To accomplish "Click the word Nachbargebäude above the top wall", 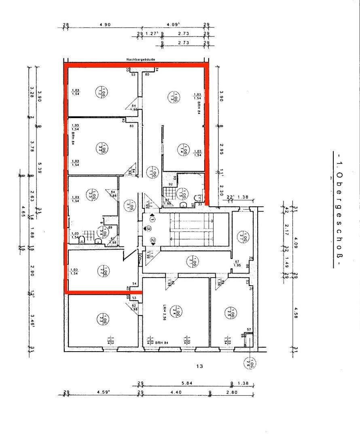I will tap(140, 59).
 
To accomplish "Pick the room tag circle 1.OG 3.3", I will tap(93, 196).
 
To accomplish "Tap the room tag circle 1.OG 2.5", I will tap(233, 313).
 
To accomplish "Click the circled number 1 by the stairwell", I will tap(152, 219).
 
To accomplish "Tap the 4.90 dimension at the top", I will tap(105, 25).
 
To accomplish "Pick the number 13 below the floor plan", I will tap(199, 367).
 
